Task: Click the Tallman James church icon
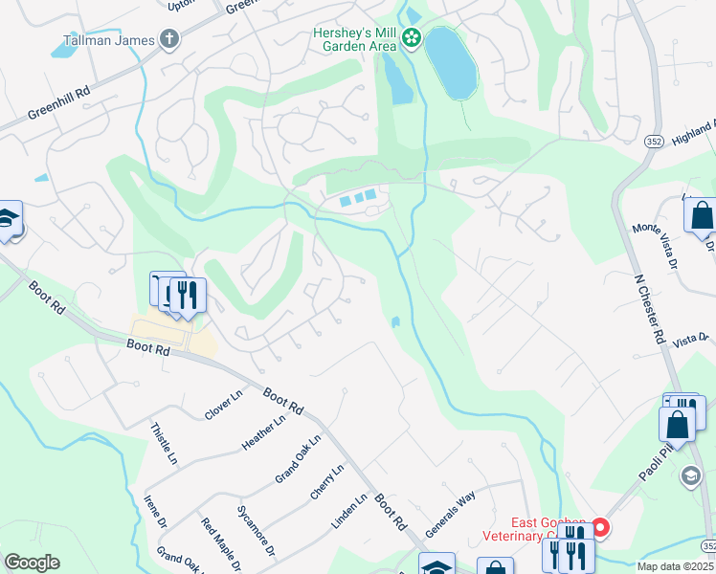(x=170, y=39)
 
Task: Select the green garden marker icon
(x=412, y=38)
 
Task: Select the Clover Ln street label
(x=224, y=406)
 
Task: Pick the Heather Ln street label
(x=264, y=432)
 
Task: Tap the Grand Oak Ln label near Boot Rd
(x=298, y=458)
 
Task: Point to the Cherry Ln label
(x=326, y=482)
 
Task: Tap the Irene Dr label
(x=154, y=512)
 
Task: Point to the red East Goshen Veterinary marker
(x=600, y=526)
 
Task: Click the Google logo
(x=32, y=563)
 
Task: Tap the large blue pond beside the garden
(x=450, y=63)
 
